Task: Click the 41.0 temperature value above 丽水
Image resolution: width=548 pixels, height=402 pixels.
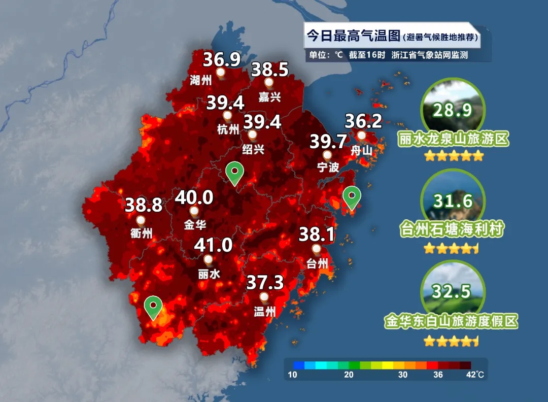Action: click(x=214, y=246)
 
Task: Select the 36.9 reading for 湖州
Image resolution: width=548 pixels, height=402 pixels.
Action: click(x=222, y=60)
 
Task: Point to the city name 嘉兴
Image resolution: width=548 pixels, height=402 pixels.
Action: click(x=269, y=96)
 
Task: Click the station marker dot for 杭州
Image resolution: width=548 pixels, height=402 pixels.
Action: click(x=227, y=115)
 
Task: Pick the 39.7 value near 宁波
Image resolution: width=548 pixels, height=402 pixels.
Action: click(x=328, y=142)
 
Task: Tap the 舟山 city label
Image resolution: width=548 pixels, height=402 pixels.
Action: click(x=362, y=150)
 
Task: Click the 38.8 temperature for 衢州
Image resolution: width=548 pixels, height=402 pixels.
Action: click(x=144, y=205)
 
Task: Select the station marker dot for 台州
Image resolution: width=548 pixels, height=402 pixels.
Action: click(x=317, y=249)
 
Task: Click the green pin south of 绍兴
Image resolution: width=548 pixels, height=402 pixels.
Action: click(x=234, y=173)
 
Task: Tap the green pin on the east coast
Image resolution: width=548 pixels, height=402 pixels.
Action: click(x=351, y=197)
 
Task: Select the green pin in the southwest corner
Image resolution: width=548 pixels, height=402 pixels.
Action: click(x=153, y=307)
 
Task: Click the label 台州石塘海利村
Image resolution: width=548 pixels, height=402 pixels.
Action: click(x=453, y=229)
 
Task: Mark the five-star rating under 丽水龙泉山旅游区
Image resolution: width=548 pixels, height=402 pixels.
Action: click(x=454, y=156)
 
